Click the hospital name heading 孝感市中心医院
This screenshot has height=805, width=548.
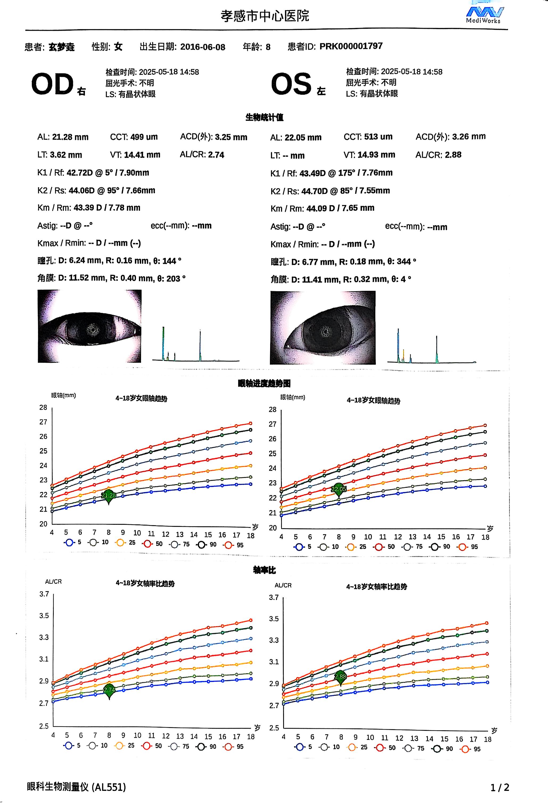tap(265, 16)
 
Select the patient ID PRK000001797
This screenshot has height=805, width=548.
tap(351, 46)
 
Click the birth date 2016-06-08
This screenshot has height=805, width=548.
tap(203, 47)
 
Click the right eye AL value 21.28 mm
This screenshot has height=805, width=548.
tap(70, 137)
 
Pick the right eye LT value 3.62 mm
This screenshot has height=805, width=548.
tap(66, 155)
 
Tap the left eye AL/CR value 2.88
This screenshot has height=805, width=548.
tap(453, 155)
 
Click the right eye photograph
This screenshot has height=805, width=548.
tap(89, 326)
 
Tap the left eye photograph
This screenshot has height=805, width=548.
tap(322, 328)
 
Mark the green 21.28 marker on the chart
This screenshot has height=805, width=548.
tap(109, 496)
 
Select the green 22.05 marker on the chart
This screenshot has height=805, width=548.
tap(339, 489)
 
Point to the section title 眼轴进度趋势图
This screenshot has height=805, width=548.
tap(264, 383)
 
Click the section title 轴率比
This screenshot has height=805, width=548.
tap(264, 570)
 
